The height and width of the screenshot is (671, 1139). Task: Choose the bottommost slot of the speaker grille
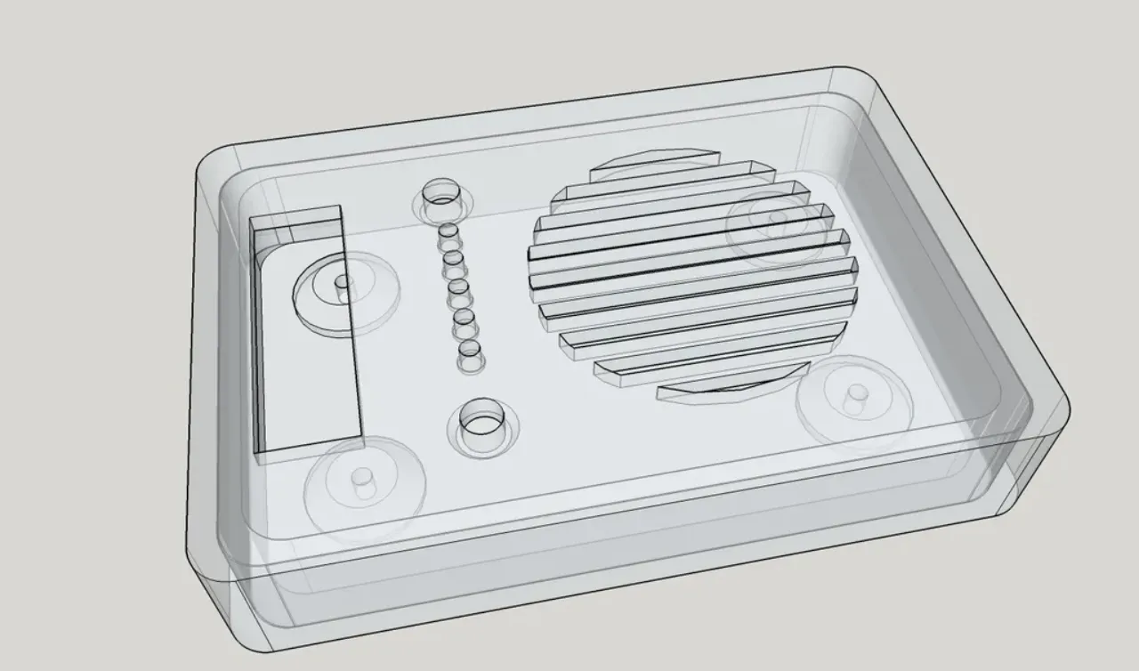point(721,391)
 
